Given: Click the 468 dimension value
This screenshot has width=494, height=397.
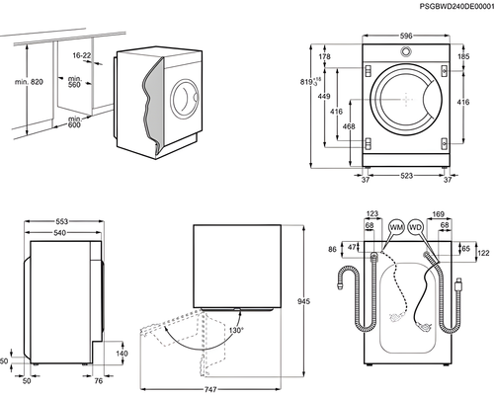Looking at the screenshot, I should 347,126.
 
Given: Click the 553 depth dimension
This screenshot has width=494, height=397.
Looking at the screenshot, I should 60,221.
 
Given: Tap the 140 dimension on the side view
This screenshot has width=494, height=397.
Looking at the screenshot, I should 122,353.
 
